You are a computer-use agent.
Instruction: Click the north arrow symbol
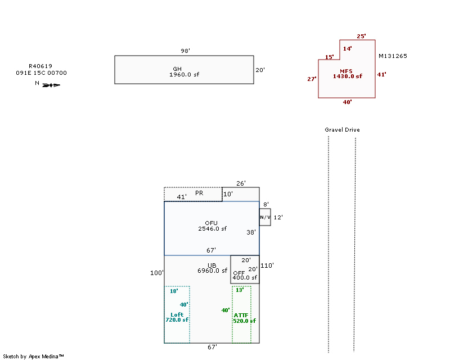tap(51, 85)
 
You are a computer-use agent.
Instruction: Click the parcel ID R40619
tap(40, 66)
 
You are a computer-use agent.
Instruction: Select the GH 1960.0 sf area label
tap(184, 71)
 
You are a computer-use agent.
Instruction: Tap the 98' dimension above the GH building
tap(185, 51)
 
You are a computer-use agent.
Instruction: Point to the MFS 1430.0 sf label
tap(347, 73)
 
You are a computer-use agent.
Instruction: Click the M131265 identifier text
tap(393, 56)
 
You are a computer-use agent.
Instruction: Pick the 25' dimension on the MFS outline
tap(361, 36)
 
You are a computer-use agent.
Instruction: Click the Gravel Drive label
tap(342, 130)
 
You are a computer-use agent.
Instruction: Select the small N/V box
tap(265, 217)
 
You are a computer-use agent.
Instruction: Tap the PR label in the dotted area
tap(199, 193)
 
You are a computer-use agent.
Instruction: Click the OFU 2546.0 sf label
tap(211, 226)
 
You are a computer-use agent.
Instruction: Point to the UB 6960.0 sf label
tap(212, 268)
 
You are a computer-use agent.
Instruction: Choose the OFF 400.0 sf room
tap(245, 275)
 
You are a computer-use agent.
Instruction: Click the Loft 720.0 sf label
tap(177, 317)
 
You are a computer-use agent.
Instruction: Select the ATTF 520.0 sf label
tap(244, 318)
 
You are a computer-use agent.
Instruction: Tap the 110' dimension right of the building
tap(267, 265)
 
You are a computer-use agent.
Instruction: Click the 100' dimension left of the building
tap(157, 273)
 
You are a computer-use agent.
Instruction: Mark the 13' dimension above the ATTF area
tap(240, 290)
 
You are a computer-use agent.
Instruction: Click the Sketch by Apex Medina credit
tap(34, 356)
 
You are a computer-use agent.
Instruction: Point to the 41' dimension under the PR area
tap(182, 197)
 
